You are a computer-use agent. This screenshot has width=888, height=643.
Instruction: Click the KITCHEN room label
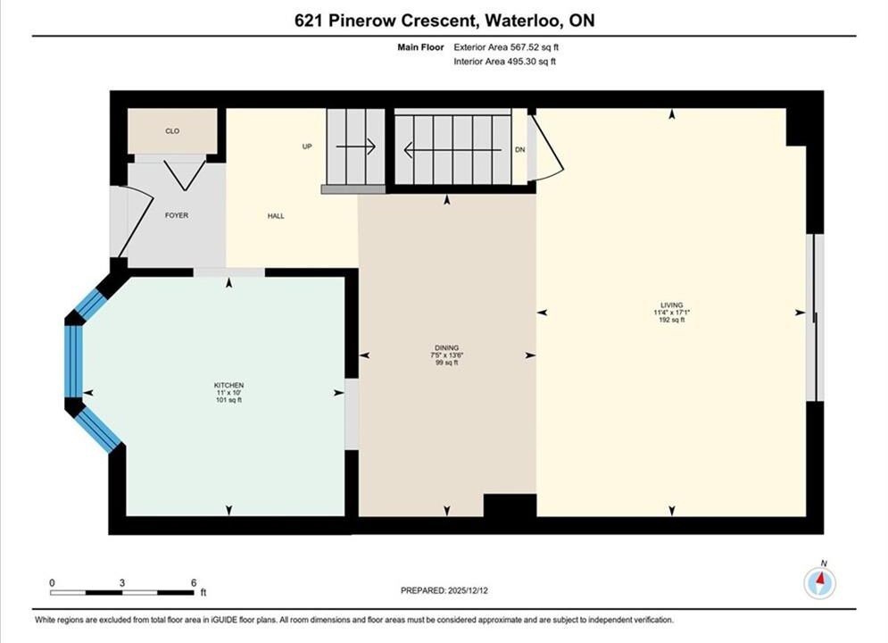[x=228, y=385]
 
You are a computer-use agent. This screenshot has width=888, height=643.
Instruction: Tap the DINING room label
[x=447, y=347]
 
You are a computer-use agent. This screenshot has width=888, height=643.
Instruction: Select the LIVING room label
[x=672, y=305]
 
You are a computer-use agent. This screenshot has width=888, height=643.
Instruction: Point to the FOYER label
[x=177, y=215]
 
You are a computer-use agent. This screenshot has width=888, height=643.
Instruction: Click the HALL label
[x=277, y=216]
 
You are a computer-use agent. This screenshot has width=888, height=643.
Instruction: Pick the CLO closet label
[x=172, y=131]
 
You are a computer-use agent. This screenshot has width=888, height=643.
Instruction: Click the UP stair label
[x=307, y=146]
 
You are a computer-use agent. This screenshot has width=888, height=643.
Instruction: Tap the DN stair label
[x=520, y=149]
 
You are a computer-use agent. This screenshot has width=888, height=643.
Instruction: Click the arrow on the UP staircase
[x=356, y=146]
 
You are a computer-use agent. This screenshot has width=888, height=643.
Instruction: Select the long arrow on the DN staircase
[x=453, y=150]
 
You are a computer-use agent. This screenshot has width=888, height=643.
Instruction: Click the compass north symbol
[x=819, y=581]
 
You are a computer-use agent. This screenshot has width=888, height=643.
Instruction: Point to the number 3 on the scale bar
[x=121, y=582]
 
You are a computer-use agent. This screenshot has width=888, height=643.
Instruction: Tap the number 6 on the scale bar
[x=194, y=582]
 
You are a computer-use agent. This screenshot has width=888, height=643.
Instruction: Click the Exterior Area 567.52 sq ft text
[x=506, y=47]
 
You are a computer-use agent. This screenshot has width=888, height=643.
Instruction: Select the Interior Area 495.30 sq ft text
[x=504, y=62]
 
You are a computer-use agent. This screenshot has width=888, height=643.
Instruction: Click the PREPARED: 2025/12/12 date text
[x=444, y=590]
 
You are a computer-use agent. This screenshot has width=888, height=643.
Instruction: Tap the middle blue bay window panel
[x=73, y=362]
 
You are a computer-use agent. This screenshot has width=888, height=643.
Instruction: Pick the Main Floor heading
[x=420, y=47]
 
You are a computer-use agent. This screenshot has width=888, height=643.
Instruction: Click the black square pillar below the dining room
[x=510, y=505]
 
